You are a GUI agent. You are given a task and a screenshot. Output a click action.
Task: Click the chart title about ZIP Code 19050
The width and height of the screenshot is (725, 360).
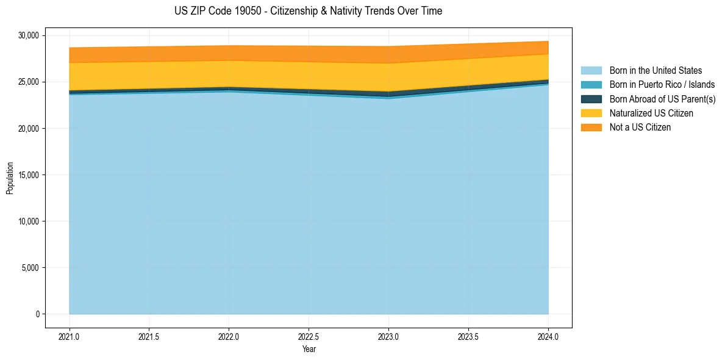click(x=308, y=11)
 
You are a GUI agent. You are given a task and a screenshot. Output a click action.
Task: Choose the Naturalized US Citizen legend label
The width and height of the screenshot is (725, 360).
click(x=651, y=113)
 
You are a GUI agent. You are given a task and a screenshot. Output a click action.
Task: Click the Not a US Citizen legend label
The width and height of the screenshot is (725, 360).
click(x=640, y=128)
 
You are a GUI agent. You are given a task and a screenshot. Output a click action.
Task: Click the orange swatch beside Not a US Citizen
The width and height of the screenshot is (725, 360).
click(x=591, y=128)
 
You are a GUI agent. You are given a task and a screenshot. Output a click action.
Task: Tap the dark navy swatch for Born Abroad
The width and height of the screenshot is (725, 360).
click(x=591, y=99)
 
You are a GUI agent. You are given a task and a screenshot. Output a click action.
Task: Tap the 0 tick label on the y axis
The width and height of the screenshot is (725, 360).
click(x=37, y=314)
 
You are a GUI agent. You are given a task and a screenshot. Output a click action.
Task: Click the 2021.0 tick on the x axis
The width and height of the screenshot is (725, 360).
click(x=69, y=336)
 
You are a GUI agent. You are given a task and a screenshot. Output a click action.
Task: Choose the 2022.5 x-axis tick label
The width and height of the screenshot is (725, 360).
click(x=309, y=336)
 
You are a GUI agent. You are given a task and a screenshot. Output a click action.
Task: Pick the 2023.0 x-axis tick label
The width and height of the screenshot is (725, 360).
click(x=388, y=336)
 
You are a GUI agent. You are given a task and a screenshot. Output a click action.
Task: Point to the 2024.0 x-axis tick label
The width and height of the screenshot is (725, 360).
click(x=548, y=336)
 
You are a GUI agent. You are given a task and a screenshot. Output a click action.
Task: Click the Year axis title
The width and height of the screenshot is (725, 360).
click(x=309, y=350)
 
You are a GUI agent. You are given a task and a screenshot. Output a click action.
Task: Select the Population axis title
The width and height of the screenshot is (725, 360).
click(x=10, y=178)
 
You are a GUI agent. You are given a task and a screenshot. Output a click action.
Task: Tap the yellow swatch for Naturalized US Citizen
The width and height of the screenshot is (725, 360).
click(x=591, y=113)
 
